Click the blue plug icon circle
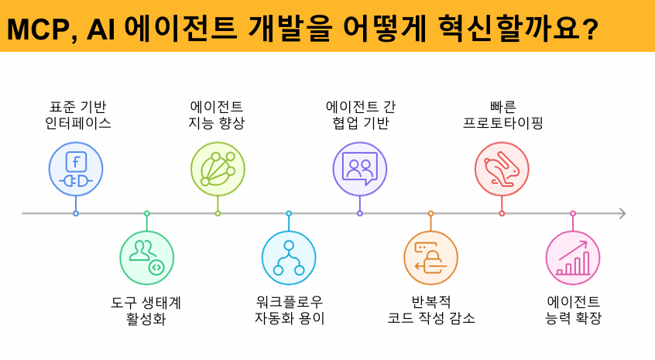click(76, 169)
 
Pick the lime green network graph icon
click(218, 169)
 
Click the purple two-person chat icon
click(360, 169)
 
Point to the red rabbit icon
click(502, 169)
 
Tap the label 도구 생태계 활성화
click(146, 310)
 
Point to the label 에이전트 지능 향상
click(217, 115)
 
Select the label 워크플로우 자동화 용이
click(290, 310)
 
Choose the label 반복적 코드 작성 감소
click(431, 310)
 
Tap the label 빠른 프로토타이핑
click(502, 115)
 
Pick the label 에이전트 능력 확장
click(574, 310)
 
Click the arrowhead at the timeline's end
click(622, 213)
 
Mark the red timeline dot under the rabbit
click(502, 213)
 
